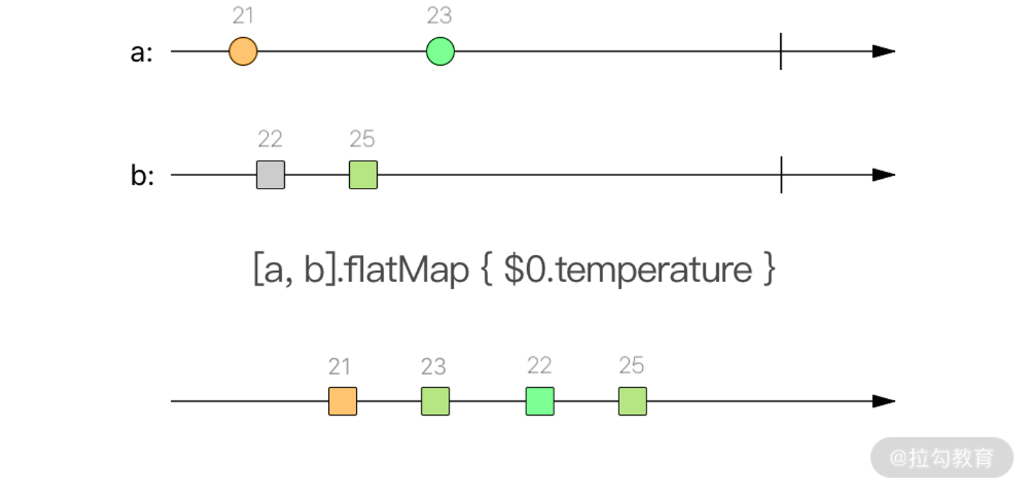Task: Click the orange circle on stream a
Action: point(243,52)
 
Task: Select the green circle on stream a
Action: point(441,52)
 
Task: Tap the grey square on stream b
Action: point(270,175)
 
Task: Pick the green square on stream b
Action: point(363,175)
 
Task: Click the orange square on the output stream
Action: point(343,402)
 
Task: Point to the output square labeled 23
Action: point(435,402)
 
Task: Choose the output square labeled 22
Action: point(540,402)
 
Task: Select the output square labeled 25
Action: point(632,402)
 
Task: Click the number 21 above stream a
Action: point(243,15)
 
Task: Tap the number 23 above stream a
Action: point(440,15)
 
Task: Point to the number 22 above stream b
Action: point(270,139)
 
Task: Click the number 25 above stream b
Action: point(362,139)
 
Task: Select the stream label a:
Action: point(141,53)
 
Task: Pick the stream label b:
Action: point(142,176)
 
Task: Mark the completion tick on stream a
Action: point(780,52)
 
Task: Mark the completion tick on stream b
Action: point(780,175)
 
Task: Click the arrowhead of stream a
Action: point(884,52)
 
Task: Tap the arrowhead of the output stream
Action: point(884,402)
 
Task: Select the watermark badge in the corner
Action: point(942,458)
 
